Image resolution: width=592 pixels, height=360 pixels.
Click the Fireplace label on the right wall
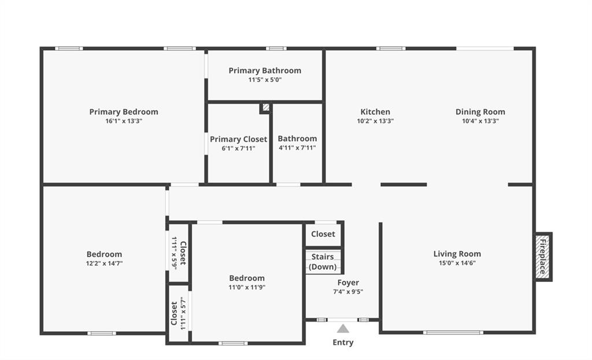(x=542, y=257)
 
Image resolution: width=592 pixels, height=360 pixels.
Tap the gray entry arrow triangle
(x=343, y=329)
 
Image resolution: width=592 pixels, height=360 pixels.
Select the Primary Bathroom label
(x=265, y=70)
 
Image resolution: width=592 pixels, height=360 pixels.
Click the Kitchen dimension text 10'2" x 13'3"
(x=375, y=121)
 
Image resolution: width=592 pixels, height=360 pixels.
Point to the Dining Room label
(x=480, y=112)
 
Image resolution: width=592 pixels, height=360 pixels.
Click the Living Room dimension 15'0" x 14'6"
(x=457, y=263)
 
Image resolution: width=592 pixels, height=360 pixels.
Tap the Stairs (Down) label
(x=323, y=262)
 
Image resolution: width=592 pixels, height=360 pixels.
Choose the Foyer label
(x=348, y=283)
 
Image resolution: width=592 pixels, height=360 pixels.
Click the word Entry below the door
(x=343, y=343)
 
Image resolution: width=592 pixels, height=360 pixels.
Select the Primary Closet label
(x=239, y=139)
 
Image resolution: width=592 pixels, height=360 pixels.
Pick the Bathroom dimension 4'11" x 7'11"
(x=298, y=148)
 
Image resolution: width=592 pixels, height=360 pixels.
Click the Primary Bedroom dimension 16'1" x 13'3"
(x=124, y=121)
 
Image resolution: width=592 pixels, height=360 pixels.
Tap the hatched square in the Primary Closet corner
(x=266, y=107)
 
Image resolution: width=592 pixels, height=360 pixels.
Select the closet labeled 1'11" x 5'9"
(x=179, y=253)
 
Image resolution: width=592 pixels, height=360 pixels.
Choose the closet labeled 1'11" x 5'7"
(x=179, y=313)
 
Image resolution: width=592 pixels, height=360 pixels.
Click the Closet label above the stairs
(x=323, y=234)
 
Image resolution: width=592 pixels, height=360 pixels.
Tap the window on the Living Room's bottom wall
(x=453, y=332)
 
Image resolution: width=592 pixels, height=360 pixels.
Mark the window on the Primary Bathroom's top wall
(x=276, y=49)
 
